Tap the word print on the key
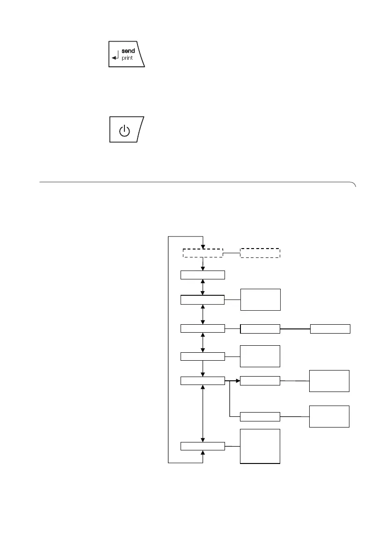[128, 58]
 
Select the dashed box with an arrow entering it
[203, 253]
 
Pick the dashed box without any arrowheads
[260, 253]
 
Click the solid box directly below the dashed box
[203, 275]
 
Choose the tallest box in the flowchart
[260, 446]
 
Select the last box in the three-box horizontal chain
[330, 328]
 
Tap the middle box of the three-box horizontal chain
[260, 328]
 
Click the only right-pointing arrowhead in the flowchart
[237, 381]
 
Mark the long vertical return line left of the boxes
[168, 350]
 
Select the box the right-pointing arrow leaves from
[203, 381]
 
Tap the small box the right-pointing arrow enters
[260, 381]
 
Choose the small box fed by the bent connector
[260, 416]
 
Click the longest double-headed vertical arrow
[203, 414]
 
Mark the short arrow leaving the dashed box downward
[203, 264]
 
